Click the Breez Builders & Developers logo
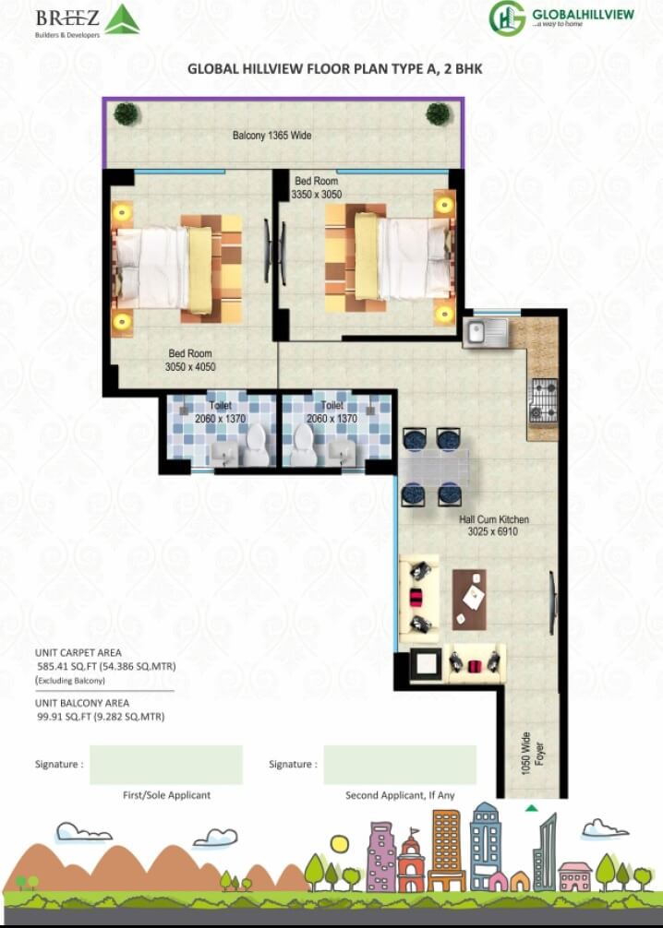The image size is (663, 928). [x=88, y=19]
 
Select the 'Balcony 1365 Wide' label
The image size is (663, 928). [x=271, y=136]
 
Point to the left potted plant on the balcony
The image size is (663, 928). [x=127, y=114]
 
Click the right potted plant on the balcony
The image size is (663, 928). [x=438, y=114]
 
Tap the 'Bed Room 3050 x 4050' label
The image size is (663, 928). [x=189, y=361]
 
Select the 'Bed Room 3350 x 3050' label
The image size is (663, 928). [x=317, y=188]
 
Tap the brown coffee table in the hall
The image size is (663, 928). [x=469, y=599]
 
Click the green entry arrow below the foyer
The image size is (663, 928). [x=531, y=809]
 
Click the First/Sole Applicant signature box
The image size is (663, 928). [x=166, y=765]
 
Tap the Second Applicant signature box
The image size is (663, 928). [x=400, y=765]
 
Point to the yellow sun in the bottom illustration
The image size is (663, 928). [x=340, y=843]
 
